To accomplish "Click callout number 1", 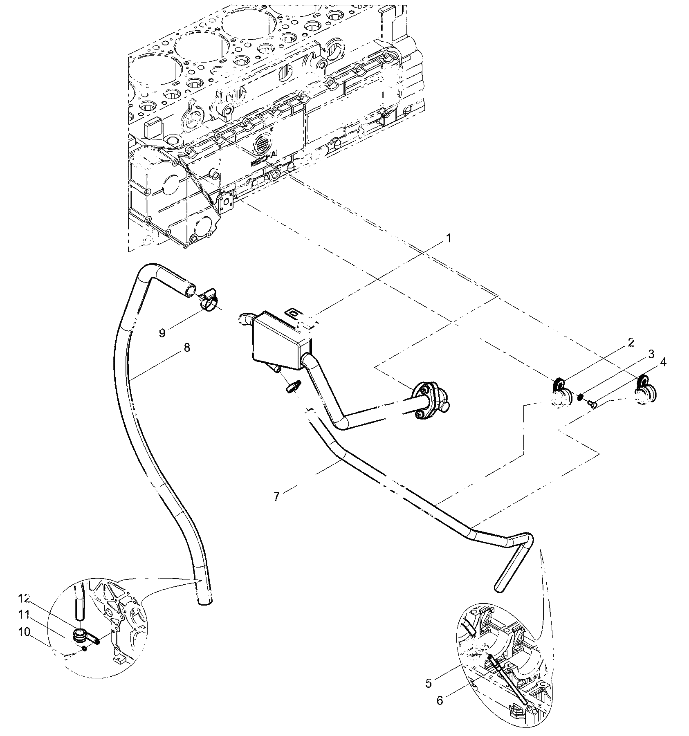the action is [x=448, y=238].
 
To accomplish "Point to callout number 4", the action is [x=663, y=362].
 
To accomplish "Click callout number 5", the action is [x=429, y=683].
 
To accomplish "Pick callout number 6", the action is [x=440, y=700].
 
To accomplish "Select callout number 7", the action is [x=277, y=497].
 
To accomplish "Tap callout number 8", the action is [x=186, y=348].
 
